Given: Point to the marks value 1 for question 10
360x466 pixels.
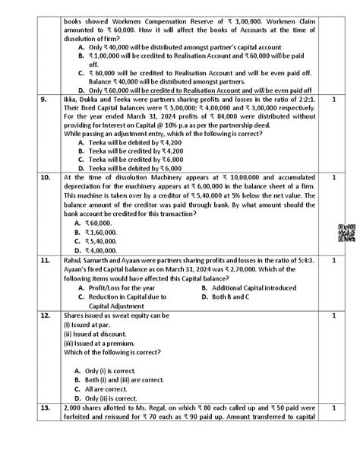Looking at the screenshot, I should (335, 177).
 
